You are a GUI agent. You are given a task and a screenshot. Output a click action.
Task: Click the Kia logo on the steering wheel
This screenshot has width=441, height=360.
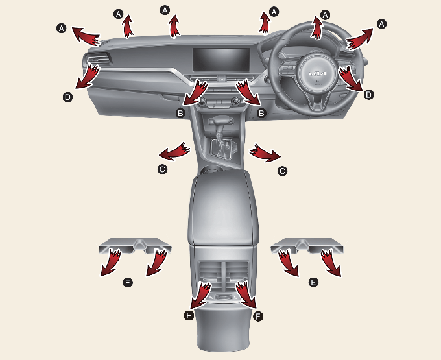click(x=318, y=74)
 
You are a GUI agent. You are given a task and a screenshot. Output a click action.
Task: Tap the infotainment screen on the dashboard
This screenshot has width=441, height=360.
click(x=221, y=60)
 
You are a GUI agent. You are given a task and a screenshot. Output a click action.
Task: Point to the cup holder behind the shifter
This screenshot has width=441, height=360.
click(x=211, y=170)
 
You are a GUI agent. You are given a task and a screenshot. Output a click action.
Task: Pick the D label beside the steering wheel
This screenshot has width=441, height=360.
click(x=368, y=95)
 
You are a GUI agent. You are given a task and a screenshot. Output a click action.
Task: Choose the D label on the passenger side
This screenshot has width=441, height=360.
click(x=68, y=97)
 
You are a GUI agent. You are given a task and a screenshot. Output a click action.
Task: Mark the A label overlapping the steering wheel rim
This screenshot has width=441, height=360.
click(x=326, y=15)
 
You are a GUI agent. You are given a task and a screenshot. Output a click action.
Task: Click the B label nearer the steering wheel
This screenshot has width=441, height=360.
click(x=261, y=114)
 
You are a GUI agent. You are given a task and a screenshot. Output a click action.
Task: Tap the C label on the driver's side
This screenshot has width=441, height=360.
click(x=282, y=171)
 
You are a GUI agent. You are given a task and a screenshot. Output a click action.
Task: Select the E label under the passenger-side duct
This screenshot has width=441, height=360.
click(x=128, y=282)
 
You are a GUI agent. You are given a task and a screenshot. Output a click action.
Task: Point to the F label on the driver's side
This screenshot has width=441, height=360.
click(x=258, y=317)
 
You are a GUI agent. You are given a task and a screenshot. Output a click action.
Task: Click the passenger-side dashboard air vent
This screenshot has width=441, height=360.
click(x=97, y=59)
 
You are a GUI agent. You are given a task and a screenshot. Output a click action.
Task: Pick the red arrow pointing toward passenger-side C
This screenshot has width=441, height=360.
click(x=174, y=152)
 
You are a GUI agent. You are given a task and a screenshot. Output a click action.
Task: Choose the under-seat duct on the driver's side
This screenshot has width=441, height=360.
click(x=307, y=246)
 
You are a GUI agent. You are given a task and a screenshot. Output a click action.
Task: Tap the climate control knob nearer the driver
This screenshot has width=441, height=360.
click(x=235, y=101)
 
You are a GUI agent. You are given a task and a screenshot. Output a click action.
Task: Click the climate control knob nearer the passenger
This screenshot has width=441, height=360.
click(x=202, y=102)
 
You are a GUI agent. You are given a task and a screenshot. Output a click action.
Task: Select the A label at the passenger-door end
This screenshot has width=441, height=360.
click(x=62, y=29)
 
